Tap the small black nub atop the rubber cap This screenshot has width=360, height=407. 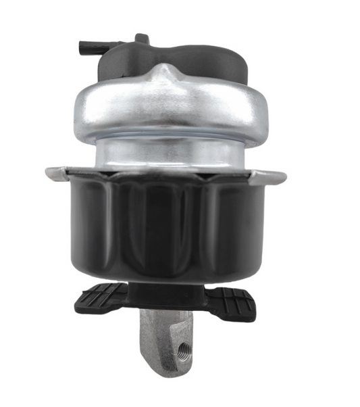141,38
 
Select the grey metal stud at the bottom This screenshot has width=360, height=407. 165,341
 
